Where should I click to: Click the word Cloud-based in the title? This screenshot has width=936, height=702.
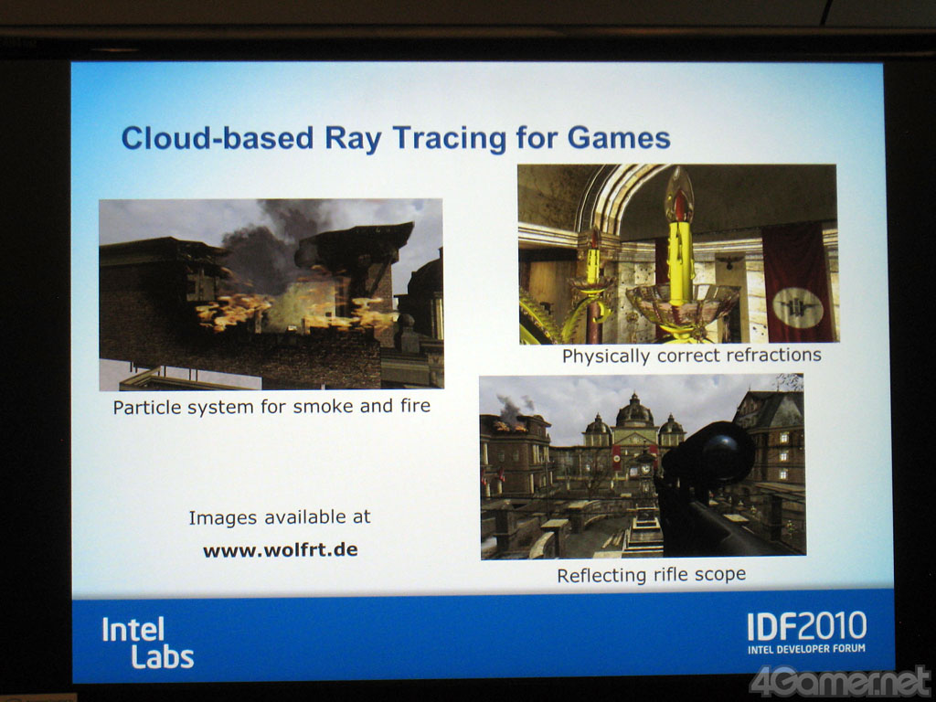[x=218, y=138]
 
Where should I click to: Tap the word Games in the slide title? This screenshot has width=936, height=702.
[x=619, y=137]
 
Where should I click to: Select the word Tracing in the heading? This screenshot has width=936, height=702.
[x=450, y=139]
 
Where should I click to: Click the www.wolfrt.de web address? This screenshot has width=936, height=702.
[x=280, y=549]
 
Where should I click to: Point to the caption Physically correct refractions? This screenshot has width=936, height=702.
[x=691, y=356]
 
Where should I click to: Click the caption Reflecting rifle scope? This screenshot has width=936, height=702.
[x=651, y=575]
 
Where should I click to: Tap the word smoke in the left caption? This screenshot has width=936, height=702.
[x=324, y=407]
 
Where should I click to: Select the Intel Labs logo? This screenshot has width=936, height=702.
[x=147, y=643]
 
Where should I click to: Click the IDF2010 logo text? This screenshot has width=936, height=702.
[x=806, y=627]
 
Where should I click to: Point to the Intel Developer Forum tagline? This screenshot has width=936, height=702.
[x=806, y=649]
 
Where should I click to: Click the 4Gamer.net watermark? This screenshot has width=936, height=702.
[x=841, y=682]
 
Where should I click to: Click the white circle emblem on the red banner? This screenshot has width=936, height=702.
[x=798, y=308]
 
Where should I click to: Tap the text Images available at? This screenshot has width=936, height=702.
[x=280, y=517]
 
